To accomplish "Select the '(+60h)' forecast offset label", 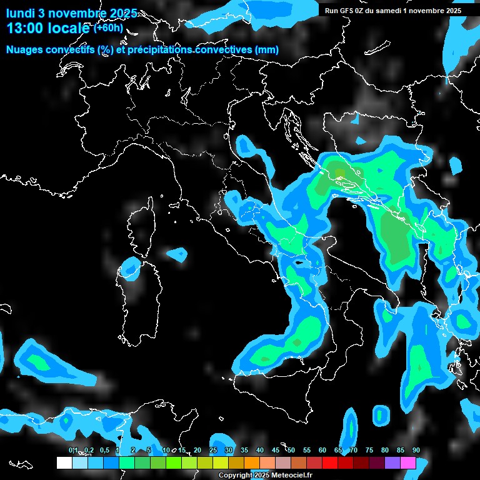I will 108,28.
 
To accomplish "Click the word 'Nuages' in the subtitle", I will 24,50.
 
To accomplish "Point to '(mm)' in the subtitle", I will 266,50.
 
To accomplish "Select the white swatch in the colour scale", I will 64,463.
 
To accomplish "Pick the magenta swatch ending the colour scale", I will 409,463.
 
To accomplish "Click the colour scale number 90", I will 416,451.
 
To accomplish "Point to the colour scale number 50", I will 291,451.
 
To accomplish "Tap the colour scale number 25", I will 213,451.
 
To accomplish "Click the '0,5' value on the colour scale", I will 104,451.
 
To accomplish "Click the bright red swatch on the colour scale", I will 330,463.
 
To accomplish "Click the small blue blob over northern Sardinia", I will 131,268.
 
